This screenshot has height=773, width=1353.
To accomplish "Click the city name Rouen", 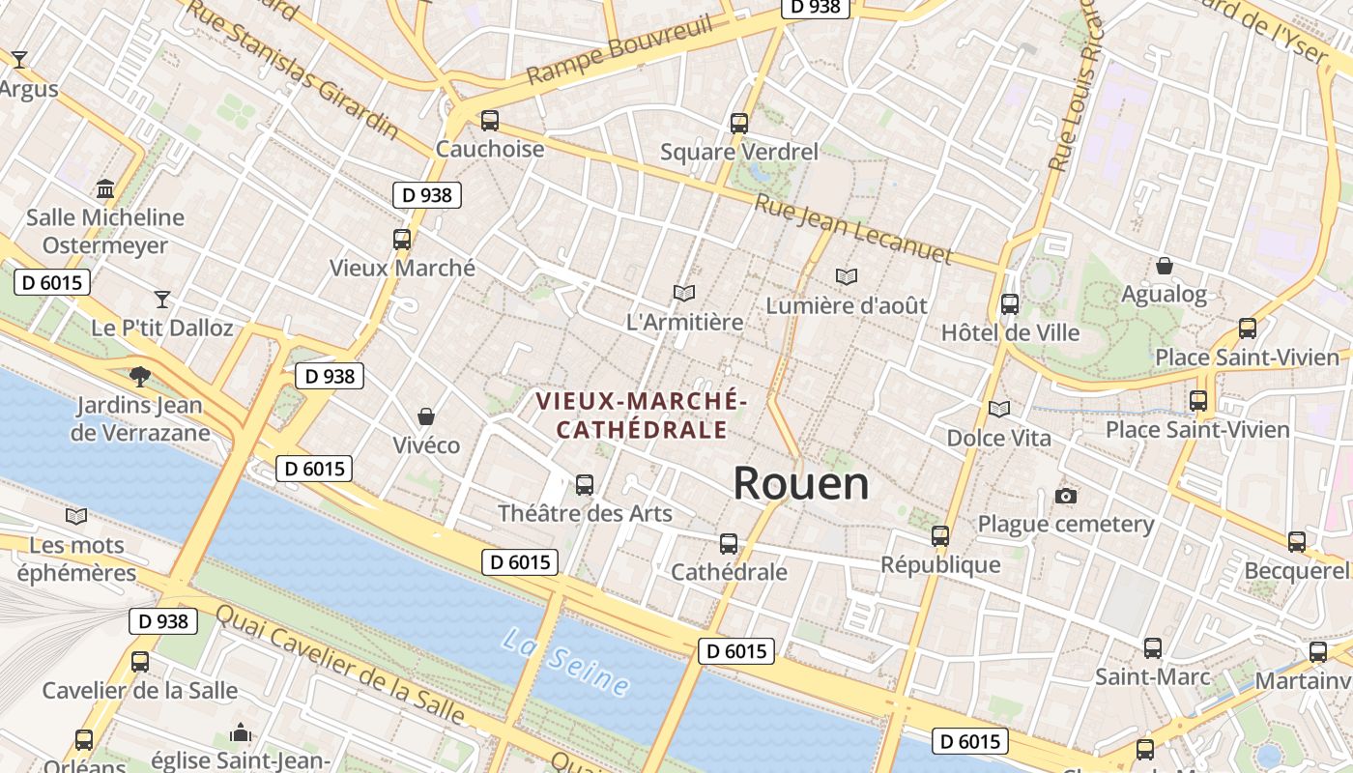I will [801, 483].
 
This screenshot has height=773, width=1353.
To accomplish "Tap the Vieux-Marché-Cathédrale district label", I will [642, 415].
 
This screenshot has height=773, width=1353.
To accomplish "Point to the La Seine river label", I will [566, 661].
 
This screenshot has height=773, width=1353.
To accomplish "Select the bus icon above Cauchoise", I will [490, 121].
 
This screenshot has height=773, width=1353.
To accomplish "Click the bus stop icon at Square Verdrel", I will [739, 123].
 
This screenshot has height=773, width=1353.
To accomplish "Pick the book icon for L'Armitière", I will [684, 293].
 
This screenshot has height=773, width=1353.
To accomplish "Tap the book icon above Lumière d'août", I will [847, 276].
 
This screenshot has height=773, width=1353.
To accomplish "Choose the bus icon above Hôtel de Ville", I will [1010, 303].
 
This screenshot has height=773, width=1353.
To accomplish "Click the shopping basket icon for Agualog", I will [1165, 265].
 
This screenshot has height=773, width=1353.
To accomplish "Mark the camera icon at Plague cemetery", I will [1066, 496].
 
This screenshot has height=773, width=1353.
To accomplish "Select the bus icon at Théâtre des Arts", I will [585, 484].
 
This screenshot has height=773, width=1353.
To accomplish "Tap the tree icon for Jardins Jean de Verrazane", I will [140, 376].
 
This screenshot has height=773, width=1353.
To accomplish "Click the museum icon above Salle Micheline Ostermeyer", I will [105, 187].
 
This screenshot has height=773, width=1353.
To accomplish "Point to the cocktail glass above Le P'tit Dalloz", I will [162, 299].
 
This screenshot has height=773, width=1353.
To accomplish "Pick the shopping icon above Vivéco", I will [426, 416].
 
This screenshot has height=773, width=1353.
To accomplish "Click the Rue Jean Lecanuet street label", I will [853, 230].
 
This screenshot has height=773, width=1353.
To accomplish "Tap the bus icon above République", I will [940, 535].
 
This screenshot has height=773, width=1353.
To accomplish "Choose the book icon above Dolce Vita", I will [999, 409].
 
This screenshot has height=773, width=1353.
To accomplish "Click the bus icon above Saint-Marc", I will [1153, 647].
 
